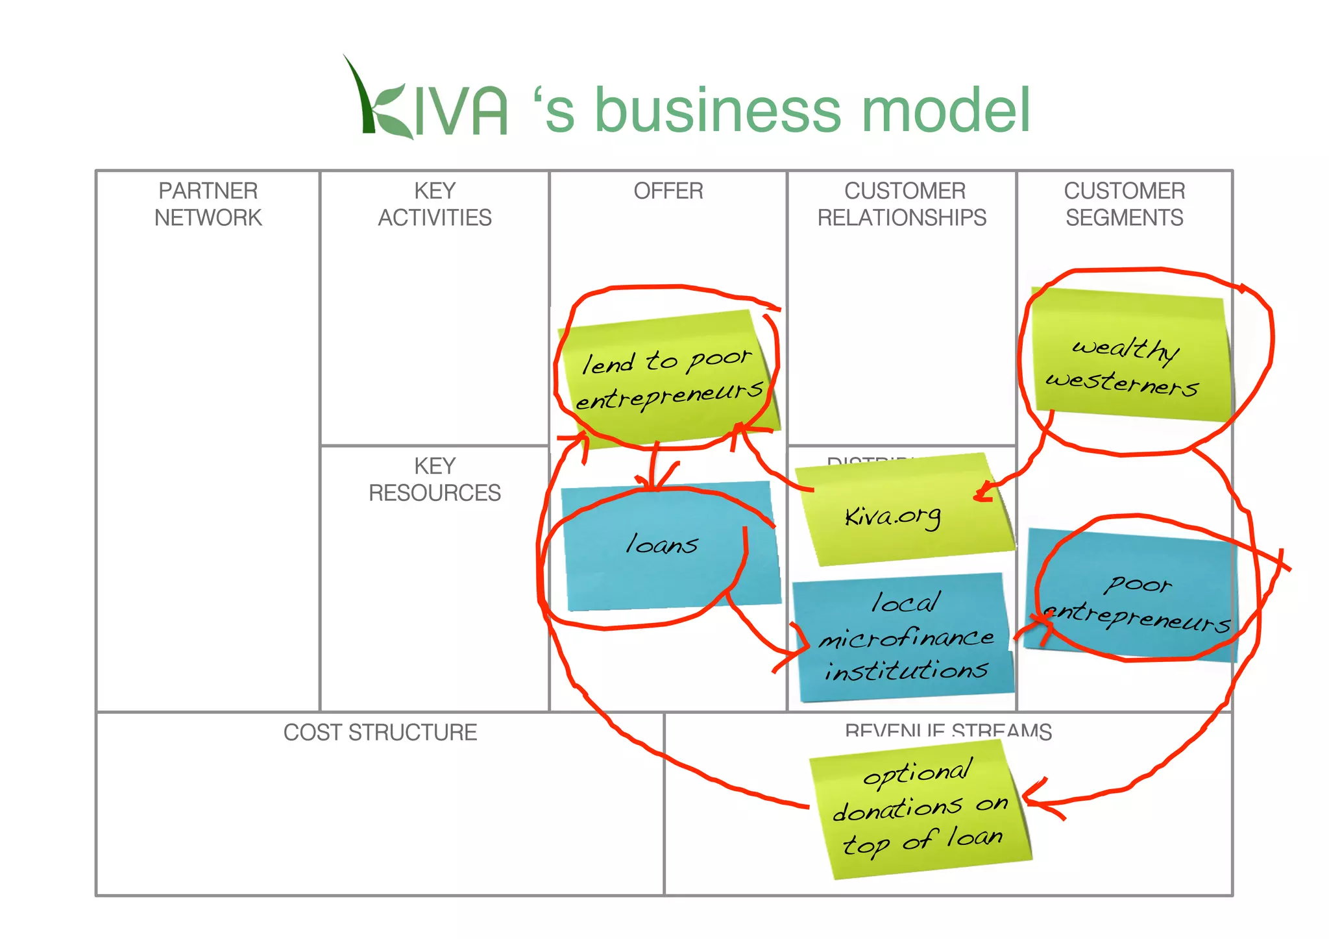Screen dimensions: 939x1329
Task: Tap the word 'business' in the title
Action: tap(717, 110)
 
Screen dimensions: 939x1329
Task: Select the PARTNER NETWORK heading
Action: tap(208, 204)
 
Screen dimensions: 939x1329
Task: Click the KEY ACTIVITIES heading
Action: tap(435, 204)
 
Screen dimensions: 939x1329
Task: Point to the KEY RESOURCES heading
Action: tap(435, 479)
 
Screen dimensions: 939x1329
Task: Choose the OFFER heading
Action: tap(668, 191)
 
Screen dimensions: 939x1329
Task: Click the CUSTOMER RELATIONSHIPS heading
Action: tap(902, 204)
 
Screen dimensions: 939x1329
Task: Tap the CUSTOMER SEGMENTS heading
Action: tap(1125, 204)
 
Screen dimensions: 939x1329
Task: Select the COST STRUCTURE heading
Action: tap(380, 733)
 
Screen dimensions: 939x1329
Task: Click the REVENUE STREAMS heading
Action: tap(948, 731)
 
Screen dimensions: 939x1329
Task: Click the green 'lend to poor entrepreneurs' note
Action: tap(668, 380)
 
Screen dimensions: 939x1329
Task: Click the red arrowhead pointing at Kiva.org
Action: tap(982, 494)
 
